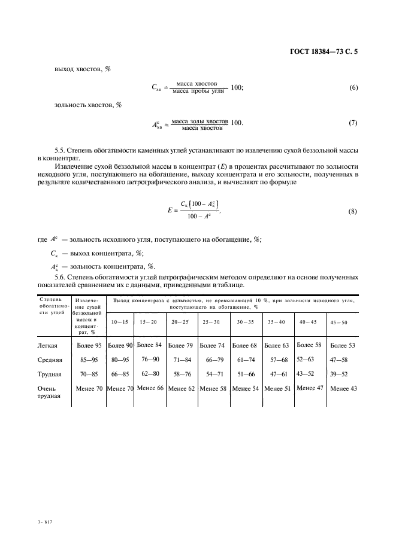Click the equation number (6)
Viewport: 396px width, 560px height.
[x=353, y=87]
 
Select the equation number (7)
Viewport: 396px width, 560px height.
[x=353, y=123]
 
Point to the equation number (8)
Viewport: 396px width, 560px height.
[x=353, y=211]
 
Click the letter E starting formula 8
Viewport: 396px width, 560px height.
[x=171, y=211]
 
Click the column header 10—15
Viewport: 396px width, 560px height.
[x=119, y=322]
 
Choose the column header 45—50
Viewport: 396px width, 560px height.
[x=338, y=322]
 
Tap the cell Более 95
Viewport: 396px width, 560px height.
[x=89, y=345]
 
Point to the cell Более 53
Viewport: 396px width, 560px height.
[x=342, y=345]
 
